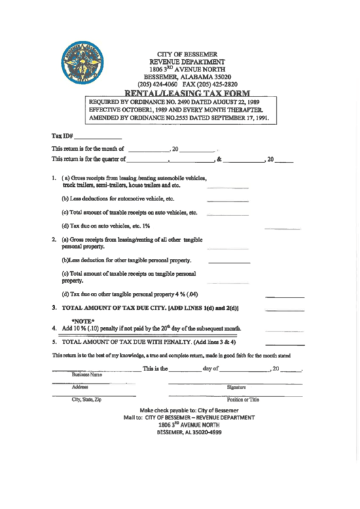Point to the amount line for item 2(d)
pyautogui.click(x=284, y=297)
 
